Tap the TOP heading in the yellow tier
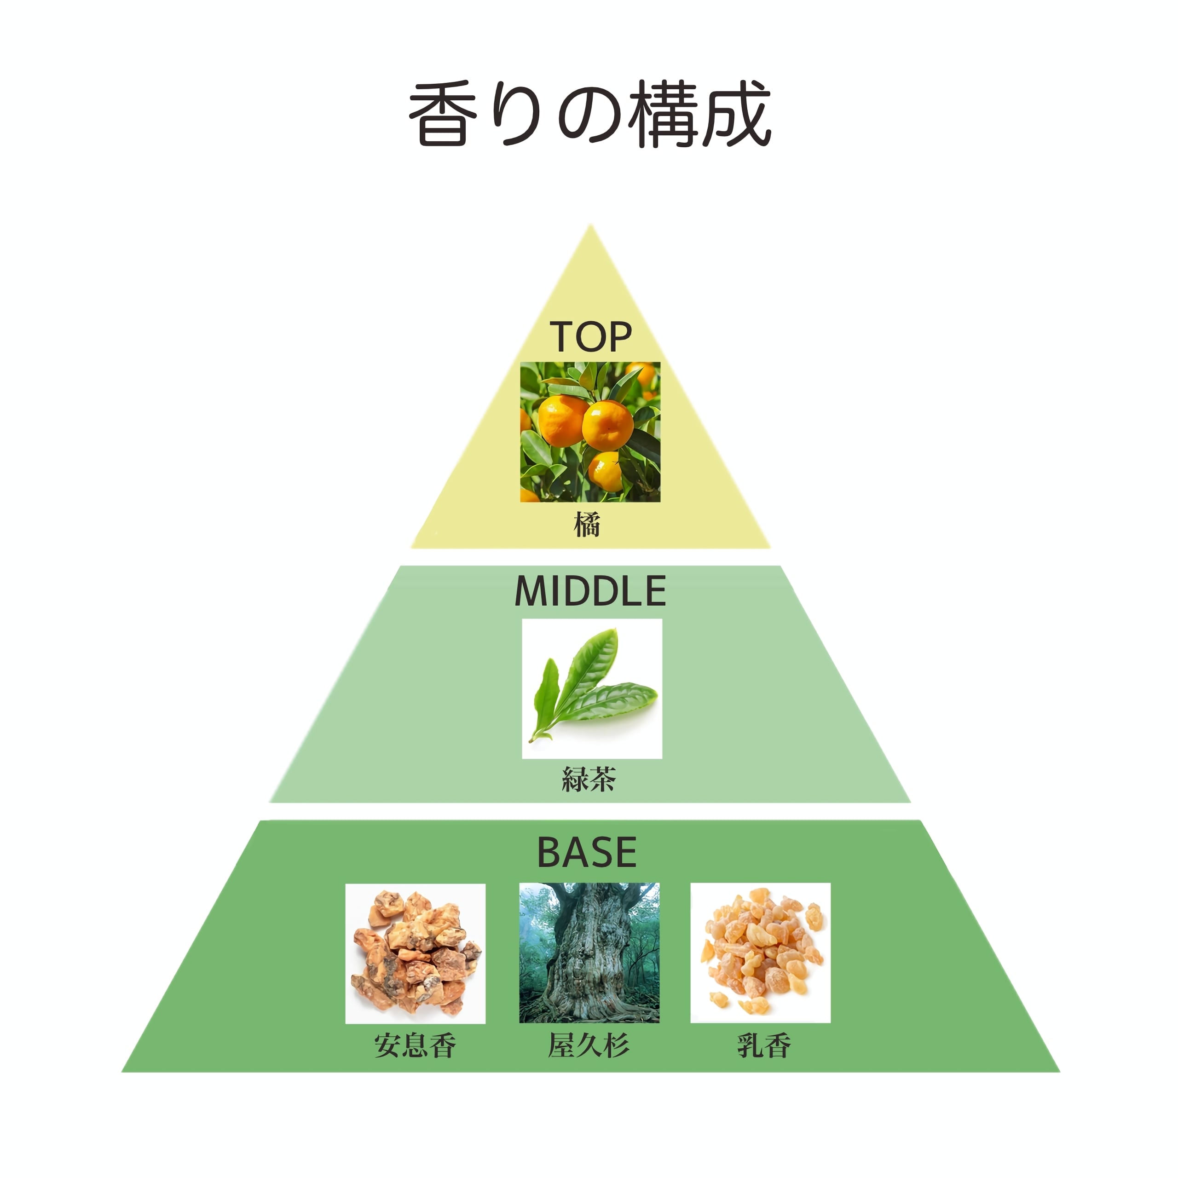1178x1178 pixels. point(590,337)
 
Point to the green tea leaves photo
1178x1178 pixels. point(591,689)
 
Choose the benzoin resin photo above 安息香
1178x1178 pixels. point(415,953)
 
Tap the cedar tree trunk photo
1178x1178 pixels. point(589,953)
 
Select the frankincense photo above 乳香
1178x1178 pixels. point(760,953)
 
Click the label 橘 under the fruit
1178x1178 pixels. point(587,525)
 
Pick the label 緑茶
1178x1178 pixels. point(589,779)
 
